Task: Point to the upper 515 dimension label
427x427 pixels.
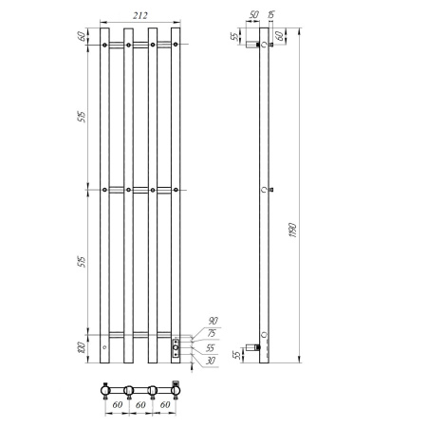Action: [x=81, y=117]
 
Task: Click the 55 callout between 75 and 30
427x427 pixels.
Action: [x=211, y=346]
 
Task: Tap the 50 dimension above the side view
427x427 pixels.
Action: [x=253, y=14]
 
